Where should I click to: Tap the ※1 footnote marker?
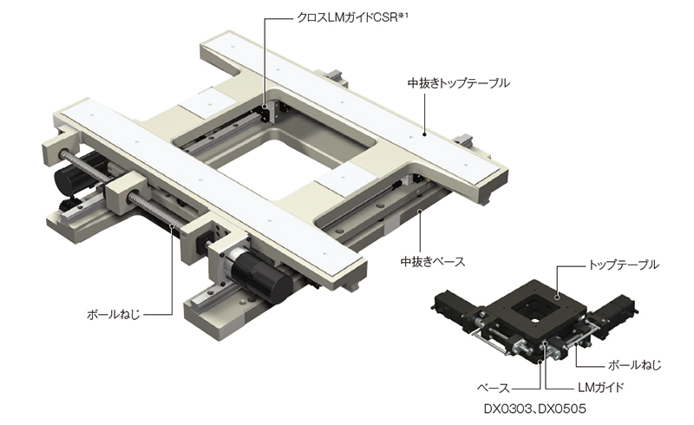pyautogui.click(x=403, y=16)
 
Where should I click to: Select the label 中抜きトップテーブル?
pyautogui.click(x=459, y=82)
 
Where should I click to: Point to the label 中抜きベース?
pyautogui.click(x=433, y=262)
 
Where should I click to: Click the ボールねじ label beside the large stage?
pyautogui.click(x=114, y=315)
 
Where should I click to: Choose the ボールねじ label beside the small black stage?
pyautogui.click(x=634, y=365)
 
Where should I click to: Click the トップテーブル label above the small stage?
pyautogui.click(x=623, y=265)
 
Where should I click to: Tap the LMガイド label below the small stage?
pyautogui.click(x=600, y=388)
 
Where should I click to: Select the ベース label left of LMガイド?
pyautogui.click(x=494, y=389)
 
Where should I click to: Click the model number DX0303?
pyautogui.click(x=507, y=409)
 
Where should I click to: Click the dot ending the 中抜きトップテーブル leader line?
pyautogui.click(x=424, y=134)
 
